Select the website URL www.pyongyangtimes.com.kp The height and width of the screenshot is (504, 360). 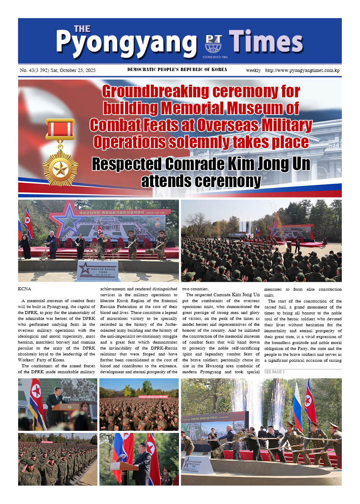tap(302, 70)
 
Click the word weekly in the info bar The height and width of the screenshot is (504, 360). tap(254, 70)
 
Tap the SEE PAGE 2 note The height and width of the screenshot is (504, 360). tap(275, 372)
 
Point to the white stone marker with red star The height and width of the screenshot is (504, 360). tap(97, 270)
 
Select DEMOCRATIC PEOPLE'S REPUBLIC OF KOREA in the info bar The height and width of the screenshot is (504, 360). tap(177, 70)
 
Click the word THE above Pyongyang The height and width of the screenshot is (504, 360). tap(82, 29)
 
